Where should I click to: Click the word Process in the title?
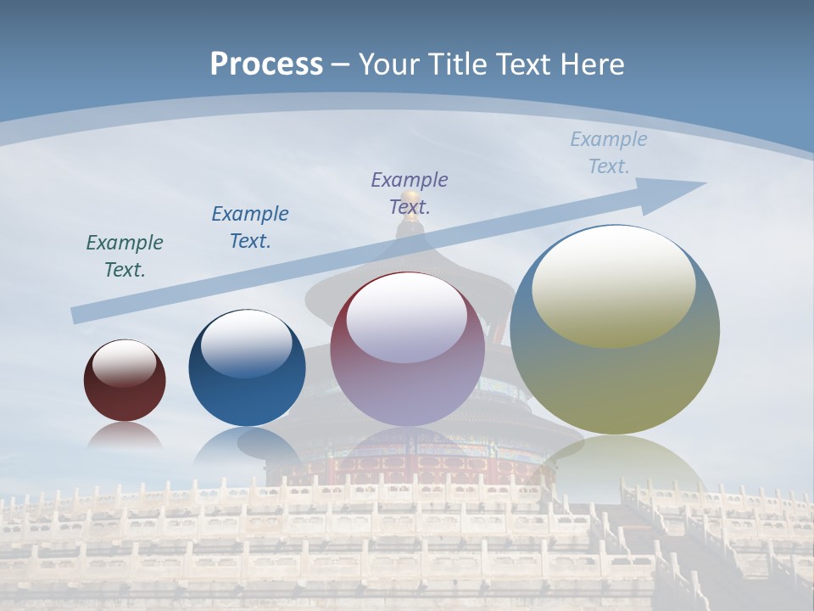266,64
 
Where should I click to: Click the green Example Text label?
125,256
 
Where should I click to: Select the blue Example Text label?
250,227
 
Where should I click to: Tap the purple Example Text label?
410,193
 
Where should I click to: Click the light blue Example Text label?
609,153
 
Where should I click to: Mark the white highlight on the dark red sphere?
124,363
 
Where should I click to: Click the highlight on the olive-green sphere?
613,285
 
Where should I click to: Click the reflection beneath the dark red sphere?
125,436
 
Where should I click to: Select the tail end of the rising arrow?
78,316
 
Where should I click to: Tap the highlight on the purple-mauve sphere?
407,317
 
